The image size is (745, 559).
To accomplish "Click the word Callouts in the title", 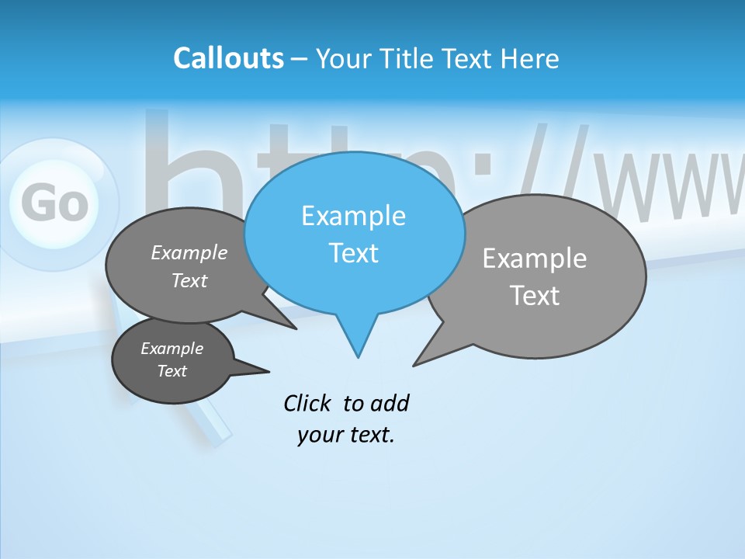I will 228,58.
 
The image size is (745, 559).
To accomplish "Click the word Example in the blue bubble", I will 353,216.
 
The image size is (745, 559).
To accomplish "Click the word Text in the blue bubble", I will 353,253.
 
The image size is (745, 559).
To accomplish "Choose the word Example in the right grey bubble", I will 535,259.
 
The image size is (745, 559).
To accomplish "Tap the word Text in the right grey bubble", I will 535,296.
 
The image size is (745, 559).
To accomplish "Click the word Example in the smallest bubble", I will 172,349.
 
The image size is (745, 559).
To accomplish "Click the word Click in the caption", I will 308,403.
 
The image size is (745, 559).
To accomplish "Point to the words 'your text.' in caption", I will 346,436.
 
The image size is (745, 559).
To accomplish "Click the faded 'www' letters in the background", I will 667,186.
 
